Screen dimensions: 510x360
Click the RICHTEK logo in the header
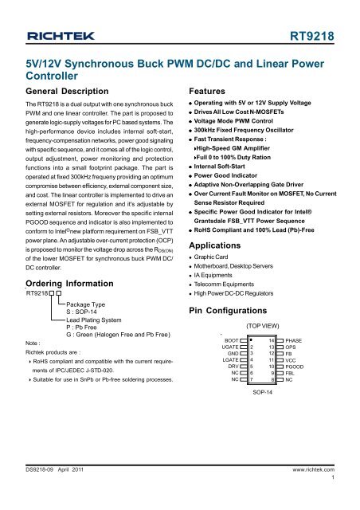click(63, 36)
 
